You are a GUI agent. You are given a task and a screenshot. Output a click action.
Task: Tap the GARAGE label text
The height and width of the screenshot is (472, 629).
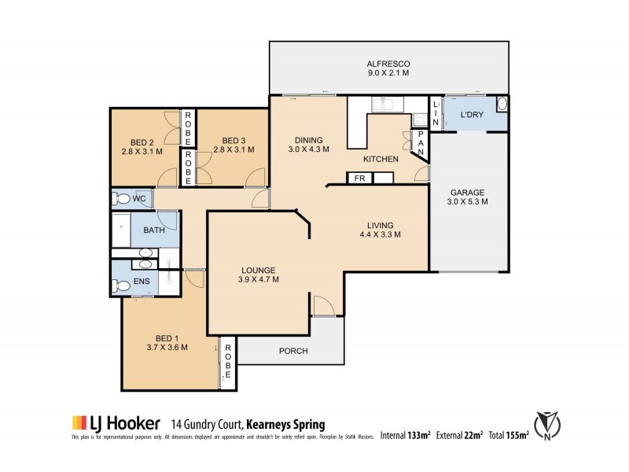pyautogui.click(x=469, y=192)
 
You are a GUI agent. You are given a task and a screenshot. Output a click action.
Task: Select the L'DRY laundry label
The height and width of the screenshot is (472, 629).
pyautogui.click(x=471, y=116)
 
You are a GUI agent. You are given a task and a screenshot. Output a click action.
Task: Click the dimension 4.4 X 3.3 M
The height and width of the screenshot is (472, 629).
pyautogui.click(x=381, y=234)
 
